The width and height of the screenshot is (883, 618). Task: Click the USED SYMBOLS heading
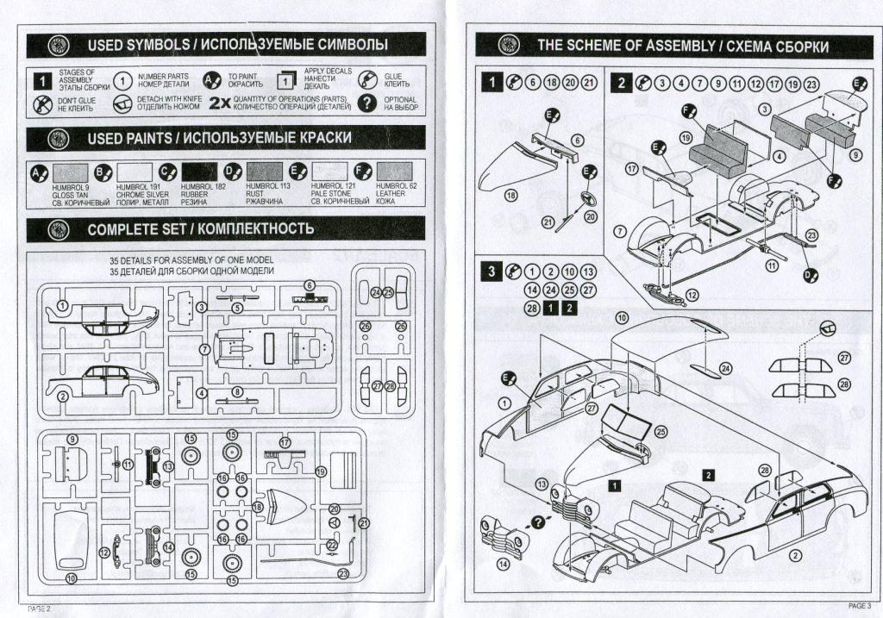237,44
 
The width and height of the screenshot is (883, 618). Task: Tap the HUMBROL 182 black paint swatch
200,172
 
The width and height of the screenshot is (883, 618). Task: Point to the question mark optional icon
368,103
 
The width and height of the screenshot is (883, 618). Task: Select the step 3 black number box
492,271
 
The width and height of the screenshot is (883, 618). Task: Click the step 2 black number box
621,83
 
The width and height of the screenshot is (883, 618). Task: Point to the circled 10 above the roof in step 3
622,318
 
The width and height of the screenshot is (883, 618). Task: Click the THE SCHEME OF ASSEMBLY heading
682,46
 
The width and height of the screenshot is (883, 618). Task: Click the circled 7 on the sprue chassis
204,349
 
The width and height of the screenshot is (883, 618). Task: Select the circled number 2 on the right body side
793,556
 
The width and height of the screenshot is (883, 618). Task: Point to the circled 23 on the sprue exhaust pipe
344,573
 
